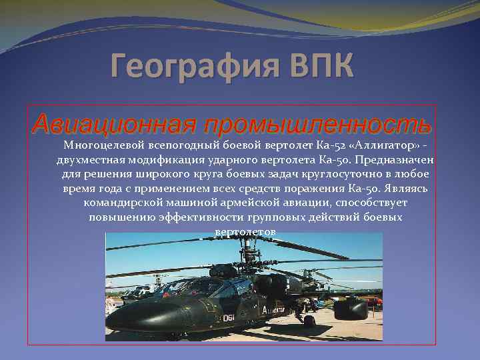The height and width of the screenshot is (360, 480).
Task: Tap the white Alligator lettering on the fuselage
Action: tap(273, 311)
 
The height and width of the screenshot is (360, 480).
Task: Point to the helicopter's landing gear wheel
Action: tap(309, 321)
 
